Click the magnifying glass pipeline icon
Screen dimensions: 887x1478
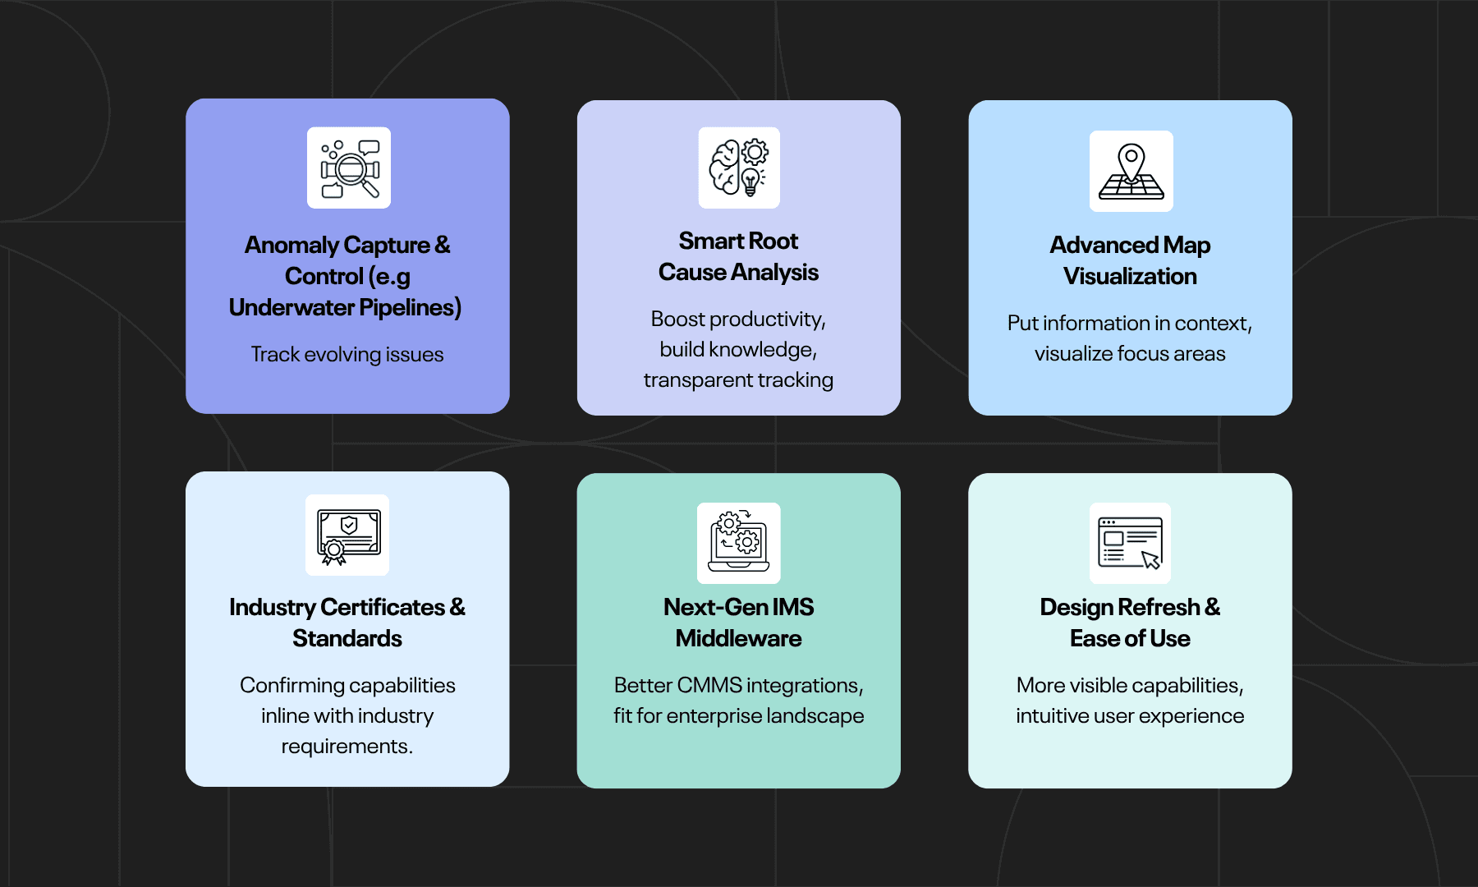(349, 168)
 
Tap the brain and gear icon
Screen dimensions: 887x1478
(739, 168)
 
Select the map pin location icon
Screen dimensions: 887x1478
(1131, 171)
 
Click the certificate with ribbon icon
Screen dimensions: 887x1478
(347, 535)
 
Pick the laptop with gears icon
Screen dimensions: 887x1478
(739, 543)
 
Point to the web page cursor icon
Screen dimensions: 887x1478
(1130, 543)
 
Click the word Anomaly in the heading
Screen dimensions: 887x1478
(291, 245)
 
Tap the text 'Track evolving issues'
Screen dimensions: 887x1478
(347, 355)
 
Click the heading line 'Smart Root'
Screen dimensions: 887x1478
(738, 241)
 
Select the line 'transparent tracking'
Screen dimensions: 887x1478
(738, 380)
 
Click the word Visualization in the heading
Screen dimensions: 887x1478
(1130, 276)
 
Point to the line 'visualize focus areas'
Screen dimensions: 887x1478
(1130, 354)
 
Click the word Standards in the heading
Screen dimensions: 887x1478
(347, 638)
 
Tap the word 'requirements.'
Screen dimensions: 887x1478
(347, 747)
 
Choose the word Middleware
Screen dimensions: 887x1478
(738, 638)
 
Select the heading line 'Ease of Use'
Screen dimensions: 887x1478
(1130, 638)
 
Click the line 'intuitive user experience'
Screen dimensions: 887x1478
(1130, 716)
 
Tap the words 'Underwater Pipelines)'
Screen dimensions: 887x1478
(345, 307)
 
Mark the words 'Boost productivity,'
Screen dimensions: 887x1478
(738, 319)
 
